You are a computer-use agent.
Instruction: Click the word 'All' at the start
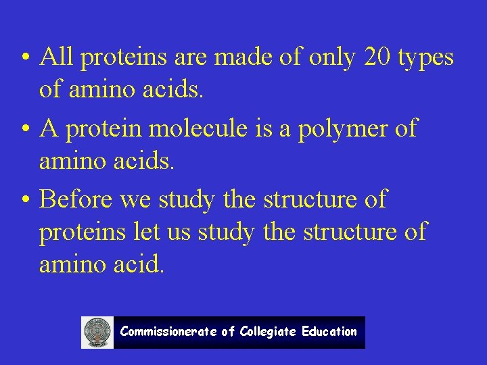[x=57, y=58]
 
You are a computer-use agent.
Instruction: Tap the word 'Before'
[x=76, y=199]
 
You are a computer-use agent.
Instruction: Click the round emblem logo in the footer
[x=97, y=333]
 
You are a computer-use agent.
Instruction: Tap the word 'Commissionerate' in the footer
[x=168, y=332]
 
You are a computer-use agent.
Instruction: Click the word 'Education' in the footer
[x=329, y=332]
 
